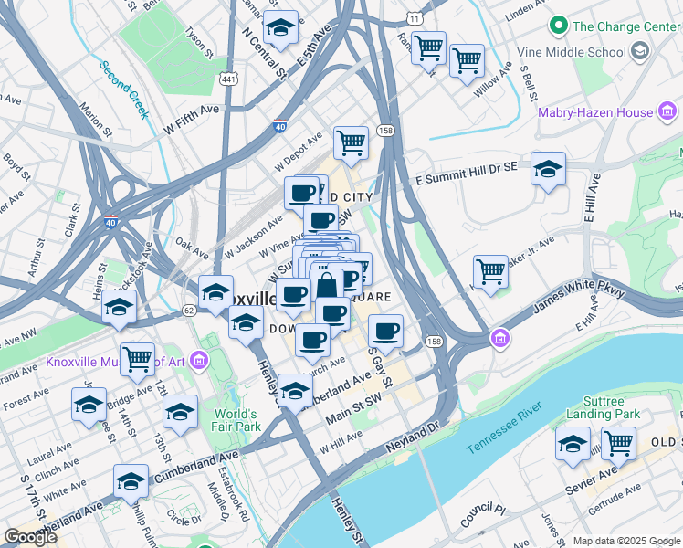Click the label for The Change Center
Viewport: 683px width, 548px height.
tap(625, 26)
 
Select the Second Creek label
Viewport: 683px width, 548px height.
tap(123, 90)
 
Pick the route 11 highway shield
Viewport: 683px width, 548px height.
tap(415, 18)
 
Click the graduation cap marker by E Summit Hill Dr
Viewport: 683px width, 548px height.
tap(548, 169)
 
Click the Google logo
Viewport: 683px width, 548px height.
tap(31, 537)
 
